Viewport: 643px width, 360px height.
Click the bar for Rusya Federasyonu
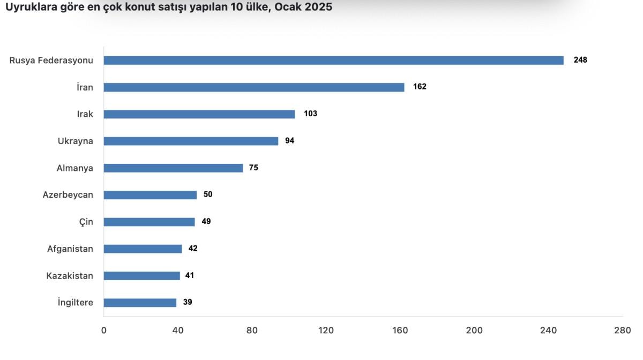coord(333,61)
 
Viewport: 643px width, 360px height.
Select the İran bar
coord(254,87)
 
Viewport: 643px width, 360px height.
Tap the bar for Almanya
coord(173,168)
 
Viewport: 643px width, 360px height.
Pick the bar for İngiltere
coord(140,303)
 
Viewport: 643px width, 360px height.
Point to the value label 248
coord(580,60)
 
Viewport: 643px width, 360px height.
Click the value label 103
coord(310,114)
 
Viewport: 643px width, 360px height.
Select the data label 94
coord(290,141)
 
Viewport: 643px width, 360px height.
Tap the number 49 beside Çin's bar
coord(206,221)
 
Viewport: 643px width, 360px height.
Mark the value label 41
coord(189,275)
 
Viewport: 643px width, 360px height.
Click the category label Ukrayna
coord(76,141)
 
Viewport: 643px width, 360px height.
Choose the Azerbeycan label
coord(68,195)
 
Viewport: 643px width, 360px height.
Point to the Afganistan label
coord(70,249)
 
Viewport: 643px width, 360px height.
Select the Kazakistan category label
coord(70,276)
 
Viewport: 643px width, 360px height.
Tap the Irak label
coord(85,114)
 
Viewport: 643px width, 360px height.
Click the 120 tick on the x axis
coord(326,331)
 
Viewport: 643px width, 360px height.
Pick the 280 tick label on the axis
coord(623,331)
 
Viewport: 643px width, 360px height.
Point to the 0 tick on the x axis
coord(104,331)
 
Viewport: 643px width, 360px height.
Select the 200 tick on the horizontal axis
coord(474,331)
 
